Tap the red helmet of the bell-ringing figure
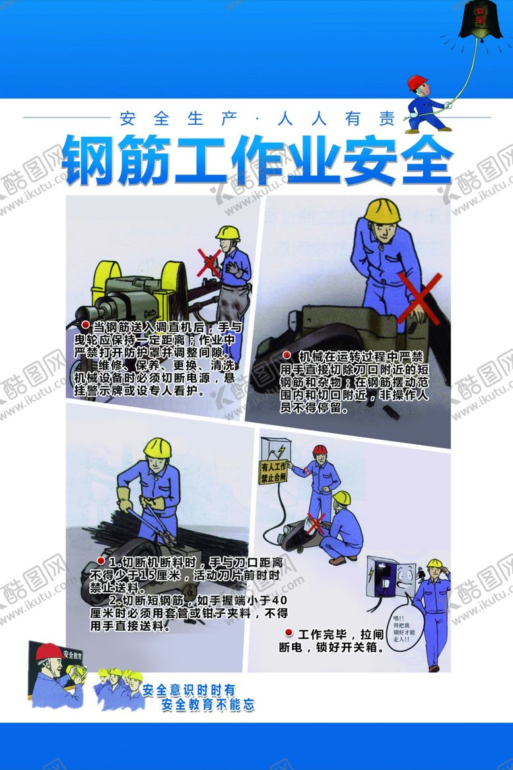(x=417, y=83)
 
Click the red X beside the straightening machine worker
(x=209, y=262)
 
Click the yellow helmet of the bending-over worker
(x=382, y=210)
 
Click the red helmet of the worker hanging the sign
(x=320, y=450)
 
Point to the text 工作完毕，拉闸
(x=337, y=635)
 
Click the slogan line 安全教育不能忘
(x=208, y=705)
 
